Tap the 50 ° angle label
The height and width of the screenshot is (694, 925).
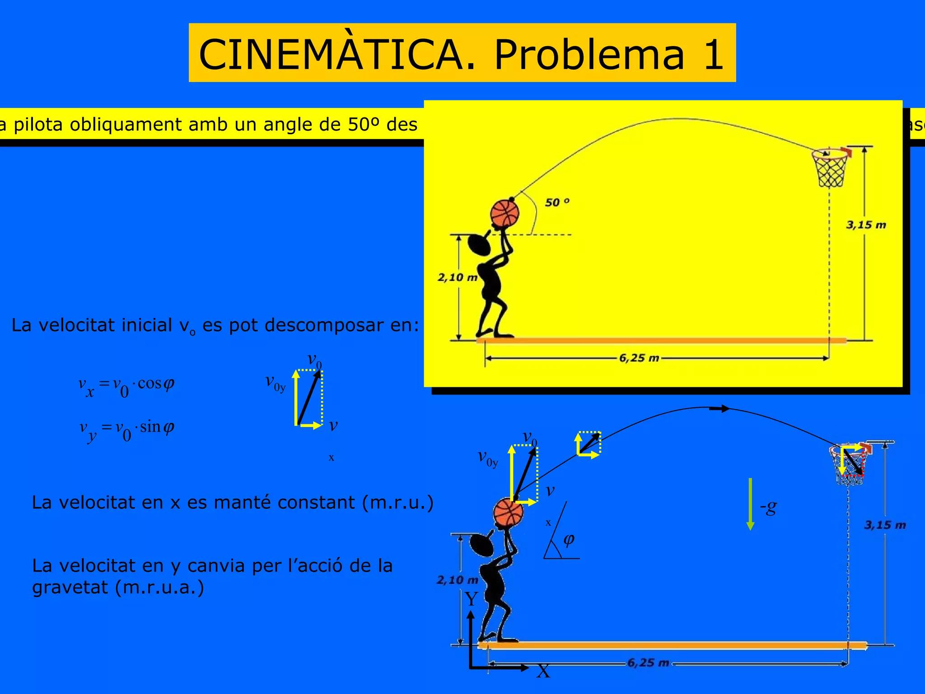[557, 202]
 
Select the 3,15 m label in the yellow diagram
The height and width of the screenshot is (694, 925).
[866, 225]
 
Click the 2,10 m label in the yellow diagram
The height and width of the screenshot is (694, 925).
[457, 277]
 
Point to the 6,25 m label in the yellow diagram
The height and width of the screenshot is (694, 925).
[639, 358]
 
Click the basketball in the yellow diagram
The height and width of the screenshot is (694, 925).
[505, 213]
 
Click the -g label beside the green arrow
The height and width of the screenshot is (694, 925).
[768, 507]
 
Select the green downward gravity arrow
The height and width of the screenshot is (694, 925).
[750, 504]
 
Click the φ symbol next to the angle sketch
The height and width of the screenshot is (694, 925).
[569, 539]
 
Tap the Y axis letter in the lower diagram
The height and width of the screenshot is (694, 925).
[471, 600]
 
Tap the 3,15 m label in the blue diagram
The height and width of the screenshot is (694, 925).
[885, 525]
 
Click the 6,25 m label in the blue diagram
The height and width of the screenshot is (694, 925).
[648, 663]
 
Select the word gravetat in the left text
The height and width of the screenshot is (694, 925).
[69, 588]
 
